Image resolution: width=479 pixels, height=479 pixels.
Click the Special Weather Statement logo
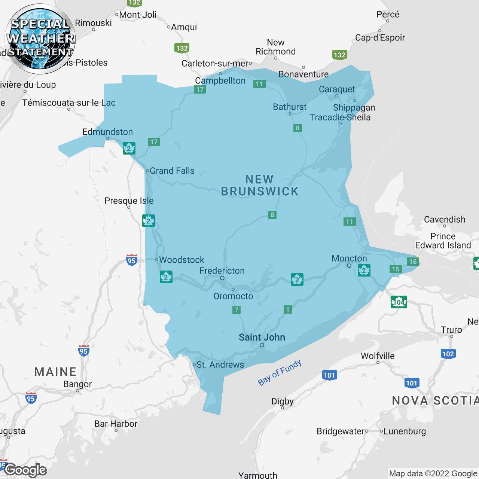[x=40, y=39]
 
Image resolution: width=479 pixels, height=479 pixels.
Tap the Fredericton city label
[x=222, y=271]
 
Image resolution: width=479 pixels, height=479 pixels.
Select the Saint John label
[x=262, y=337]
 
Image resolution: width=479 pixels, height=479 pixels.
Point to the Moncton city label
[x=349, y=258]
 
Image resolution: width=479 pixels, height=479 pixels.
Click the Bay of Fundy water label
[x=280, y=372]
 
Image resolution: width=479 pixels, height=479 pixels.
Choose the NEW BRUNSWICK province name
[x=260, y=186]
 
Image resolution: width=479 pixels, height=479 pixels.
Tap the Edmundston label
[x=108, y=132]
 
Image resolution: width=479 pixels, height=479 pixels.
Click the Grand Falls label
[x=172, y=171]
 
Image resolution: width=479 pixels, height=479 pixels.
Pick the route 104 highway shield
[x=399, y=302]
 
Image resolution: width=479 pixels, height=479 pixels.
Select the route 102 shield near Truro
[x=448, y=354]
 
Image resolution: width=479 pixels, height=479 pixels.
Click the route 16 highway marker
[x=412, y=262]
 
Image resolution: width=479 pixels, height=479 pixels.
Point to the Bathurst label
[x=290, y=107]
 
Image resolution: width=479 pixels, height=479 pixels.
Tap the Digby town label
[x=283, y=401]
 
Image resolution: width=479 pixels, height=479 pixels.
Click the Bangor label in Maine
[x=77, y=384]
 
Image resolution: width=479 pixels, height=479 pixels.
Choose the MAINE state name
[x=55, y=372]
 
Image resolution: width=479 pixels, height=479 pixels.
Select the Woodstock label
[x=181, y=260]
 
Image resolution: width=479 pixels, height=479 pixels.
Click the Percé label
[x=388, y=15]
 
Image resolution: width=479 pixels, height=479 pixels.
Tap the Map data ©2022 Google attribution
[x=433, y=474]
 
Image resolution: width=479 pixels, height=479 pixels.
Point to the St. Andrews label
[x=220, y=364]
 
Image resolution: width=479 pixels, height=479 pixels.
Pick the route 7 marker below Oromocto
[x=236, y=310]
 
